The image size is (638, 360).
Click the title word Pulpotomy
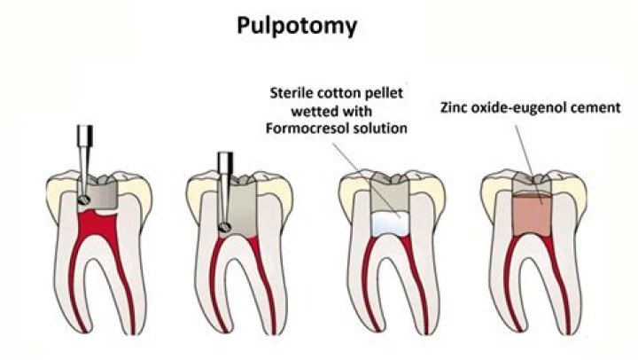[297, 26]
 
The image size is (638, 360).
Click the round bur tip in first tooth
[82, 202]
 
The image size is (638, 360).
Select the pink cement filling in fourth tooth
[528, 214]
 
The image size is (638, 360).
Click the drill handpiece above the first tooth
[86, 141]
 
